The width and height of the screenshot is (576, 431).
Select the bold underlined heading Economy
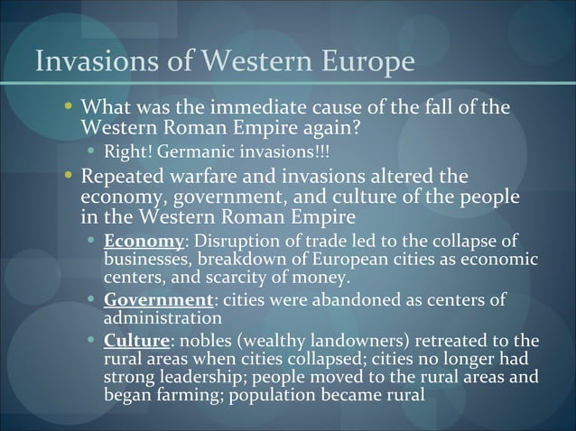[x=144, y=243]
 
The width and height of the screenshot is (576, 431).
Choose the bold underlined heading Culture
[x=136, y=341]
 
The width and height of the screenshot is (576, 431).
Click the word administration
[x=163, y=318]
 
